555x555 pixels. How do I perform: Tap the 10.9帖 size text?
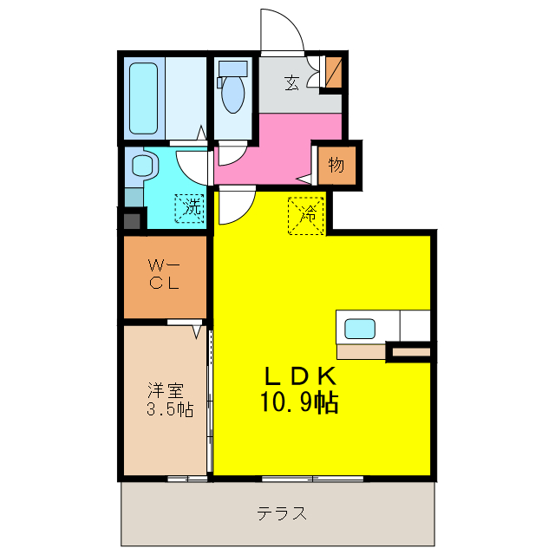[299, 402]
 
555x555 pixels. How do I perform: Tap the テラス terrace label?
[281, 513]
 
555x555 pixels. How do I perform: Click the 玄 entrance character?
[292, 83]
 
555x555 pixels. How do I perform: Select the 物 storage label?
[336, 164]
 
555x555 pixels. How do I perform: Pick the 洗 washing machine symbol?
[191, 209]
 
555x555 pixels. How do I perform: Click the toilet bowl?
[232, 95]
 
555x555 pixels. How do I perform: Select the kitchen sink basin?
[360, 329]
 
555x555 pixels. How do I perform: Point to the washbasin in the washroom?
[140, 165]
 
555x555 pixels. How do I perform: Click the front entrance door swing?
[282, 33]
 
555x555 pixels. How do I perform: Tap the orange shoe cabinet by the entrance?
[333, 73]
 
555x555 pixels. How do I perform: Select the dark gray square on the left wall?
[132, 220]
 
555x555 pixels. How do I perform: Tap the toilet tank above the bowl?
[232, 68]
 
